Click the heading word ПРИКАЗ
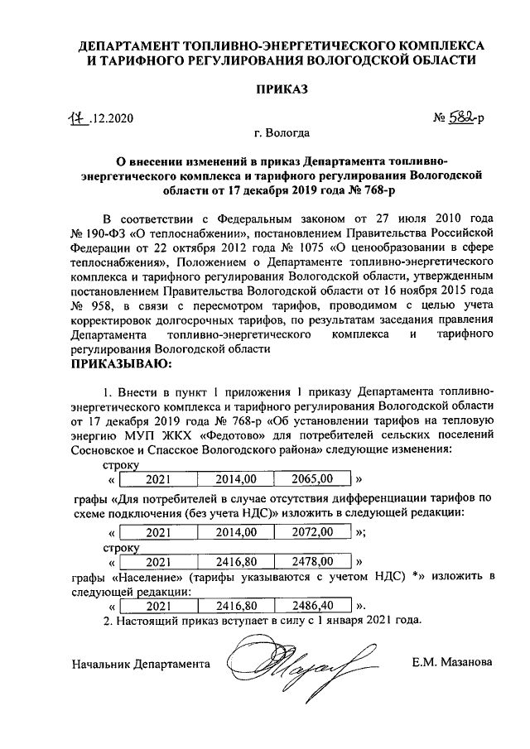click(265, 90)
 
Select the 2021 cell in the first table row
click(158, 478)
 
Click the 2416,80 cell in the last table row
click(234, 607)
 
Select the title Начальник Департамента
click(141, 664)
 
